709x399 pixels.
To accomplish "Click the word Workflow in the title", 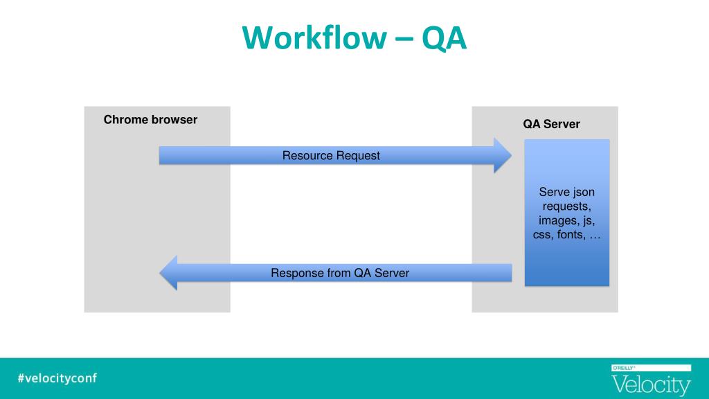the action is pyautogui.click(x=314, y=37).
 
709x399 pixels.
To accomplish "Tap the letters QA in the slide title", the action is pyautogui.click(x=444, y=39).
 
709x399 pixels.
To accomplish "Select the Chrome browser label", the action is pyautogui.click(x=150, y=119).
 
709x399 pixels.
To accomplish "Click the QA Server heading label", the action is pyautogui.click(x=551, y=124).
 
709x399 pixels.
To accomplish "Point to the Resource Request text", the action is pyautogui.click(x=331, y=156).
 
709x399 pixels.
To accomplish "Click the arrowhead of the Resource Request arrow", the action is pyautogui.click(x=503, y=156).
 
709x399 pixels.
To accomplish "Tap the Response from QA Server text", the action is pyautogui.click(x=340, y=273).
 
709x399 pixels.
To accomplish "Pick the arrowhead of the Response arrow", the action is pyautogui.click(x=168, y=273).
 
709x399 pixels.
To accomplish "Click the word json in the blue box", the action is pyautogui.click(x=584, y=193).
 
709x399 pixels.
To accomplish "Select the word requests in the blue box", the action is pyautogui.click(x=566, y=206).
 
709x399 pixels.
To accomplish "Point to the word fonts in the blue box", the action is pyautogui.click(x=571, y=234).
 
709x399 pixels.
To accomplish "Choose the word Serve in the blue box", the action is pyautogui.click(x=555, y=192).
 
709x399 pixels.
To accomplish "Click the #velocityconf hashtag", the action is pyautogui.click(x=57, y=378).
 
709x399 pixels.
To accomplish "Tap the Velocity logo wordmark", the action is pyautogui.click(x=651, y=385).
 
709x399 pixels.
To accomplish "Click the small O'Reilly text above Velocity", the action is pyautogui.click(x=624, y=369).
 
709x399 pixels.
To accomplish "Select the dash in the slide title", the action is pyautogui.click(x=404, y=39).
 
